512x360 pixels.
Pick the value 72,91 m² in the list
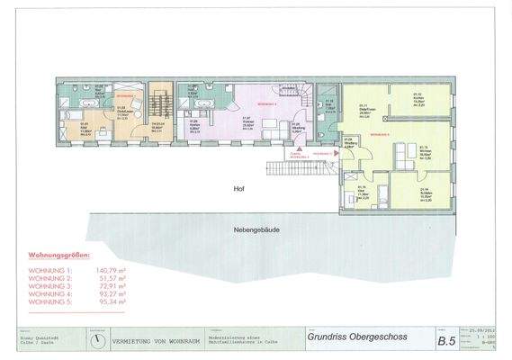107,285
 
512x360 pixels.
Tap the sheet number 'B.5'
446,341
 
